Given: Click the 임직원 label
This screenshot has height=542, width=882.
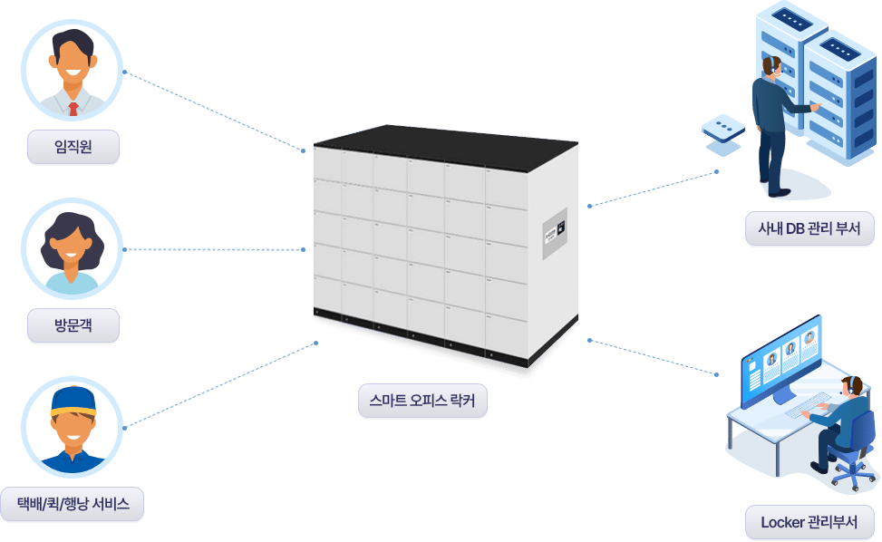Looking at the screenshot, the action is (73, 147).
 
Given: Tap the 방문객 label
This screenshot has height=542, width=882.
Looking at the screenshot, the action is (73, 325).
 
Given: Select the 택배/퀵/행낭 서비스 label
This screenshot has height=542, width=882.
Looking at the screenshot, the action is (73, 504).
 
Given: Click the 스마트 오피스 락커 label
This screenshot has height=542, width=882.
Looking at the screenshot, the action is (422, 401).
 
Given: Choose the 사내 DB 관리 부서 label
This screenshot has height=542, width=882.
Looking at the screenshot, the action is (809, 228).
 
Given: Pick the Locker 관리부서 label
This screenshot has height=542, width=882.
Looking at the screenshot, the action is (809, 522).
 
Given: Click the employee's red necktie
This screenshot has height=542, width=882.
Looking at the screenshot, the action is (73, 109).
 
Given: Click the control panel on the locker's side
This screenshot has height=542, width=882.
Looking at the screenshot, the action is (555, 233).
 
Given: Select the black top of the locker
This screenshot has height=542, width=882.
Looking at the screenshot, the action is (445, 148).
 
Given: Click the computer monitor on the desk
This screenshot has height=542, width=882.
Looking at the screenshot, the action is (781, 361).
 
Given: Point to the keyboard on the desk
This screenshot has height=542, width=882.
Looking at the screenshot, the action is (808, 406).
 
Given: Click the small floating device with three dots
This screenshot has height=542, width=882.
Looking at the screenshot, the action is (723, 131).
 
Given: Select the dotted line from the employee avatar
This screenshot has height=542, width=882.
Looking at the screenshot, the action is (214, 111).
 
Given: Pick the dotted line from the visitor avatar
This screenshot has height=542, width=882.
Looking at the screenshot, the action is (214, 249).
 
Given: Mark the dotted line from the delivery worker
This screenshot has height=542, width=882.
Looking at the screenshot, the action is (220, 385).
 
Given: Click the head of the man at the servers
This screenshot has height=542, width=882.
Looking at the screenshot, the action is (771, 66).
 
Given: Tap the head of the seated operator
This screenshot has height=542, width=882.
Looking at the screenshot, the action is (852, 387).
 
